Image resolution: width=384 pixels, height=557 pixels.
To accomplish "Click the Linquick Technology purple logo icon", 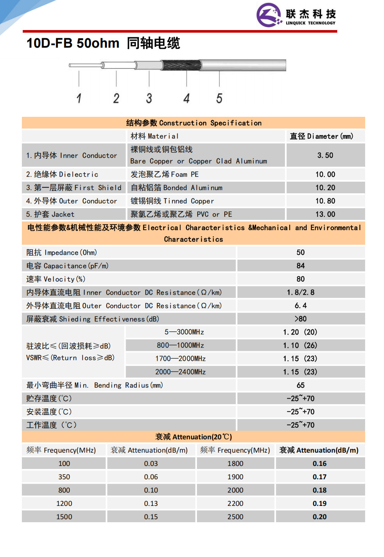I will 270,15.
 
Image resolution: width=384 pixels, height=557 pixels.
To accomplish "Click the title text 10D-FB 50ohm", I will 73,43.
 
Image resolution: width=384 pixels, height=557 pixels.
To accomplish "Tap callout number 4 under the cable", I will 186,98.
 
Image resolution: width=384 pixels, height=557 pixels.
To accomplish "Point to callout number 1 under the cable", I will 79,98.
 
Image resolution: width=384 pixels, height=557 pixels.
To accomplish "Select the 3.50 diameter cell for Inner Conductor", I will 325,155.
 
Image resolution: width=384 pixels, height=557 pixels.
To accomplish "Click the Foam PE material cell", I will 165,174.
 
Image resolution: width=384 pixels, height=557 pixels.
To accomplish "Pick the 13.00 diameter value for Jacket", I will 325,214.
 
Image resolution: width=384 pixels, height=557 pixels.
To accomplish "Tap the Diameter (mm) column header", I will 321,136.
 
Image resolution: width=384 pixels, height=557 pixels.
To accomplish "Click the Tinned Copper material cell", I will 172,201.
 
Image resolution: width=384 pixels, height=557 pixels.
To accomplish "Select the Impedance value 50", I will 300,253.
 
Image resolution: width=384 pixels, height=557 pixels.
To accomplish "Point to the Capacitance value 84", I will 300,266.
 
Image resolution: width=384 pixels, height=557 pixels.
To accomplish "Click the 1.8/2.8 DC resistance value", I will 300,292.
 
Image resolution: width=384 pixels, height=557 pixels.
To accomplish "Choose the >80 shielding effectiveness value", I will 300,319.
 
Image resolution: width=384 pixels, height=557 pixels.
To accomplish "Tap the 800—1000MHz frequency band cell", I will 180,345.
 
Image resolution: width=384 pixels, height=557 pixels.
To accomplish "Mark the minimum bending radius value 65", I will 300,385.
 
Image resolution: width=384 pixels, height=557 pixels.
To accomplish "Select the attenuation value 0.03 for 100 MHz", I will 151,463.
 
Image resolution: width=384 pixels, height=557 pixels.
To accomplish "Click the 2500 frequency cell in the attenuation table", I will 235,517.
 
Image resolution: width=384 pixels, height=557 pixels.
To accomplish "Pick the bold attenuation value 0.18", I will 319,490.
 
